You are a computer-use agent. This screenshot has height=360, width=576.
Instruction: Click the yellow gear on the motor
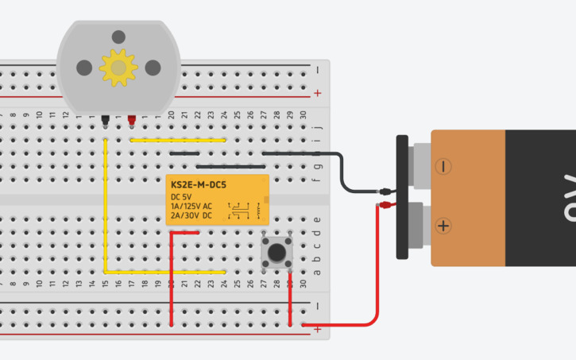118,68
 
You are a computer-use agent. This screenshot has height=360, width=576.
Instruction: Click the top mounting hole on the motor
118,37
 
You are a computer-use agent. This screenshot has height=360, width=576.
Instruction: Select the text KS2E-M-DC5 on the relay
199,184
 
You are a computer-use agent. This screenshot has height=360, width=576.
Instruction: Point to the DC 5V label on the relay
181,196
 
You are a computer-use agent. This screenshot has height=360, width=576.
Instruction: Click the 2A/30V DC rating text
191,215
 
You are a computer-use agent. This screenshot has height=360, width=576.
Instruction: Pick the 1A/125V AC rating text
191,206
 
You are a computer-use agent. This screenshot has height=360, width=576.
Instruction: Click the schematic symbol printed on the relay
241,211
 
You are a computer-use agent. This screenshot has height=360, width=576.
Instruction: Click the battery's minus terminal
443,166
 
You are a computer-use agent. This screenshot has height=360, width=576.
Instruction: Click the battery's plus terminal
443,226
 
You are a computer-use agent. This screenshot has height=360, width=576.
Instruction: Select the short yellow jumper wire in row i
178,140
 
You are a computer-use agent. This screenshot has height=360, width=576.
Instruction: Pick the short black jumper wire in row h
184,153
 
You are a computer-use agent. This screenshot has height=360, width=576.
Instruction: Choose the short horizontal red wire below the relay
185,232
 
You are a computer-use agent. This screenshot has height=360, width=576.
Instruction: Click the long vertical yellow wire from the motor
105,207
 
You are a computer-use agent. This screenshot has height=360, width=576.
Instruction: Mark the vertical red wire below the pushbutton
290,298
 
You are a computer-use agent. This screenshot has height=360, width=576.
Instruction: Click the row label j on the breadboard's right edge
318,126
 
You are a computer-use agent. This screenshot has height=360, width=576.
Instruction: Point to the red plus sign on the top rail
318,93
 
